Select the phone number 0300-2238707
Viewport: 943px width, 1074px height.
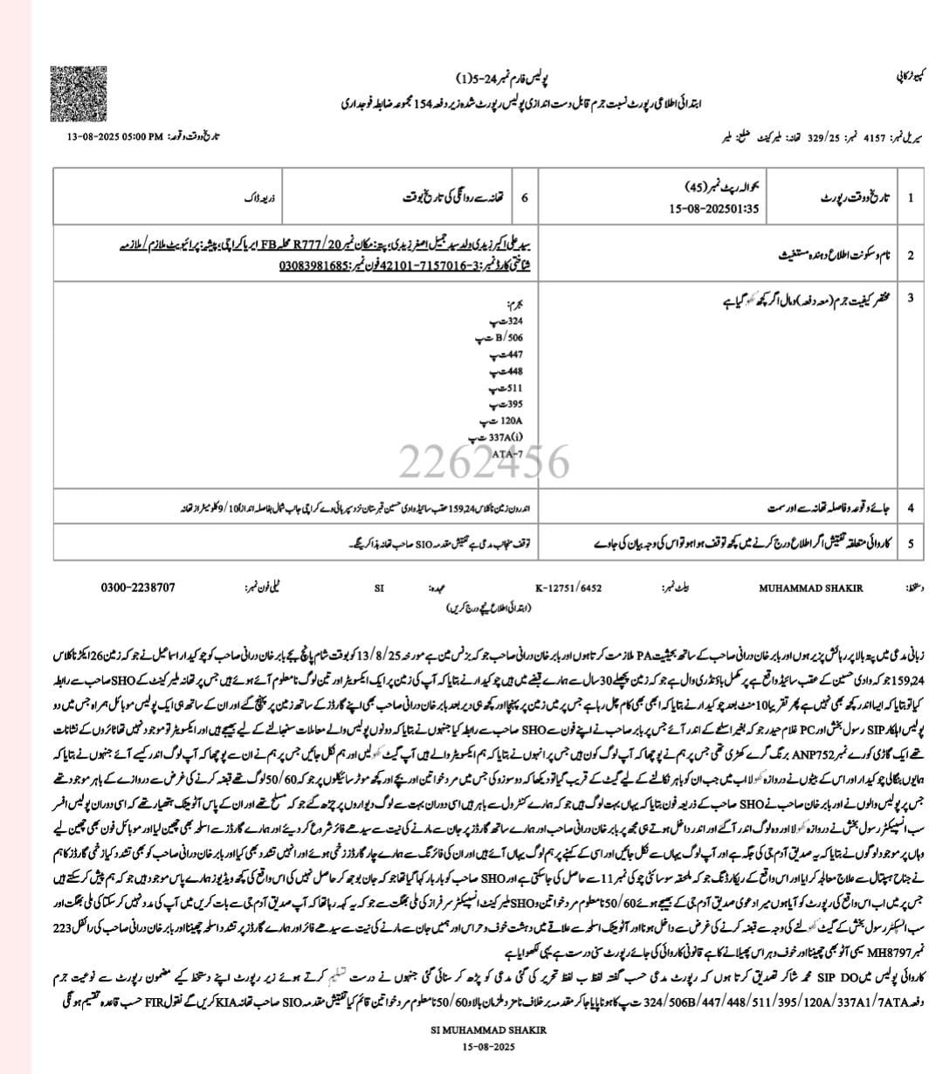137,588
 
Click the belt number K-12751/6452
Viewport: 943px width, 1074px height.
568,589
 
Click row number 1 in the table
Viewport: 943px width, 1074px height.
911,197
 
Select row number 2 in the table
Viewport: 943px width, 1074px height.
911,255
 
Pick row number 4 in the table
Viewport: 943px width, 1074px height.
911,507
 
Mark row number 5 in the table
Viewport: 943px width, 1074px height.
911,543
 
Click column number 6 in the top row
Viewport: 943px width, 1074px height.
525,197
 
